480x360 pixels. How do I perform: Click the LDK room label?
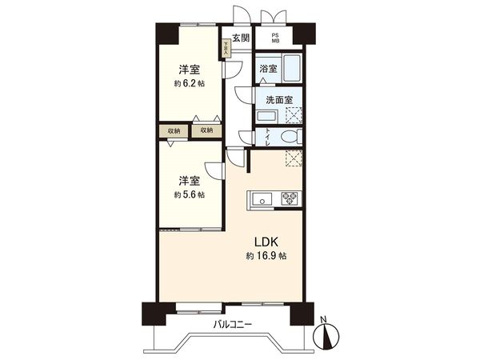tap(266, 242)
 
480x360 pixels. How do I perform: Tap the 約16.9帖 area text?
tap(266, 257)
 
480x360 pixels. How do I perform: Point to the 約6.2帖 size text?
tap(190, 82)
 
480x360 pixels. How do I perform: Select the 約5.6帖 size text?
tap(190, 194)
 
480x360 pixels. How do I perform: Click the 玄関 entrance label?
tap(242, 38)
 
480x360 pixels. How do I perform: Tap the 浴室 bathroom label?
tap(268, 69)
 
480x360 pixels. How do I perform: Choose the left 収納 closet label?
tap(174, 130)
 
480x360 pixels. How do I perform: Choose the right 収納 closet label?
tap(206, 130)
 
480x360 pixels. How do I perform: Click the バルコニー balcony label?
tap(233, 324)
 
